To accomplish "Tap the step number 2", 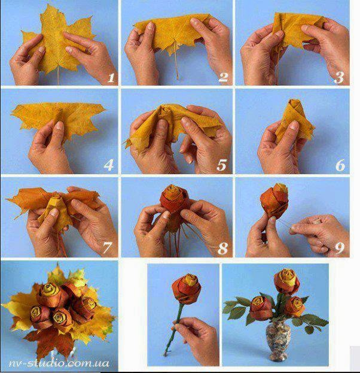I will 223,76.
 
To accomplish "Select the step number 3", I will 339,77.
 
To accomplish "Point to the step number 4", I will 109,164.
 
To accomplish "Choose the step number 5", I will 222,164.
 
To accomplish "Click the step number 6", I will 340,164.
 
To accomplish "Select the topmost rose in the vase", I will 286,281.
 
